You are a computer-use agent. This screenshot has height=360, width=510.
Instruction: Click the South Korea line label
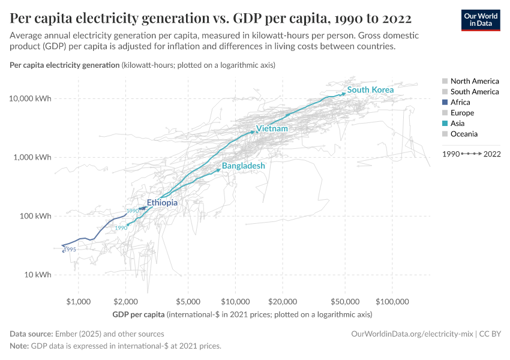click(370, 90)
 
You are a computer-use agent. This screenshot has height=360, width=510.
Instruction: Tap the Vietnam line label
click(272, 129)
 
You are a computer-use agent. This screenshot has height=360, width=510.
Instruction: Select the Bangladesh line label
click(243, 166)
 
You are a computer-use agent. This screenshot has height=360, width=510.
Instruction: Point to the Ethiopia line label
click(162, 203)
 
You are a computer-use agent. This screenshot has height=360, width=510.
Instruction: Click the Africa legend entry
click(460, 103)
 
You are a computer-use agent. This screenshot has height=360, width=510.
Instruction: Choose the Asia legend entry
click(457, 124)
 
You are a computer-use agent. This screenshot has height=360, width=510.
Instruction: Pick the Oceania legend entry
click(464, 134)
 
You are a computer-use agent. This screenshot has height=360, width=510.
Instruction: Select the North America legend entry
click(474, 81)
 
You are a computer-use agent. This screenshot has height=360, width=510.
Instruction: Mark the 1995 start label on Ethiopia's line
click(70, 250)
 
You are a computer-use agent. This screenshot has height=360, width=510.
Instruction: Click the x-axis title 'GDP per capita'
click(139, 314)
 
